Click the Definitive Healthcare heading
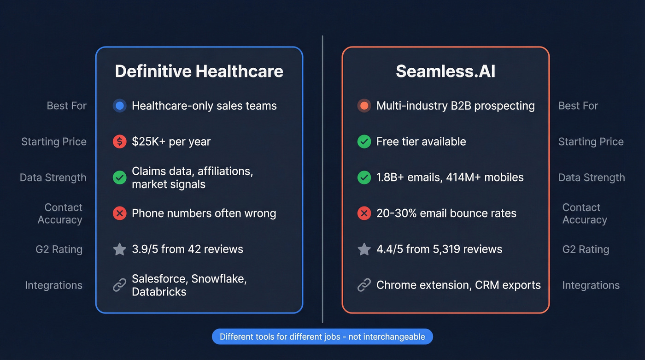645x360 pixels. pyautogui.click(x=199, y=71)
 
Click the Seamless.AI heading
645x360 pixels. pyautogui.click(x=446, y=71)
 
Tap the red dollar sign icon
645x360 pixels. pyautogui.click(x=119, y=142)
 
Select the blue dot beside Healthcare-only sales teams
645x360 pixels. pyautogui.click(x=119, y=106)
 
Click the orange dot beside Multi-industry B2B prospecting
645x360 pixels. pyautogui.click(x=364, y=106)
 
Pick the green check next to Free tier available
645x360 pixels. pyautogui.click(x=364, y=142)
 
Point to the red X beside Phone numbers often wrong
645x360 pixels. pyautogui.click(x=119, y=213)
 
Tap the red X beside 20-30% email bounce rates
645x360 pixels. pyautogui.click(x=364, y=213)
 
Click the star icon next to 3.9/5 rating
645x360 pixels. pyautogui.click(x=119, y=249)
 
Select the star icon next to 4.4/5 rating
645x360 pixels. pyautogui.click(x=364, y=249)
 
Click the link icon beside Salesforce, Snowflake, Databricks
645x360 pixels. pyautogui.click(x=119, y=285)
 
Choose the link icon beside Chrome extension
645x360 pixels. pyautogui.click(x=364, y=285)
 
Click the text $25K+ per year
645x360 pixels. pyautogui.click(x=171, y=142)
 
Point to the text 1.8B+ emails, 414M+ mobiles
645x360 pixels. pyautogui.click(x=450, y=177)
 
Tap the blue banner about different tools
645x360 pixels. pyautogui.click(x=322, y=336)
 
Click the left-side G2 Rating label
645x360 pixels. pyautogui.click(x=59, y=249)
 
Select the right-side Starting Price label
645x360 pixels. pyautogui.click(x=591, y=142)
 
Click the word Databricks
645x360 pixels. pyautogui.click(x=159, y=292)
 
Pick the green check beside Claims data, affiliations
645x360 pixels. pyautogui.click(x=119, y=177)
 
